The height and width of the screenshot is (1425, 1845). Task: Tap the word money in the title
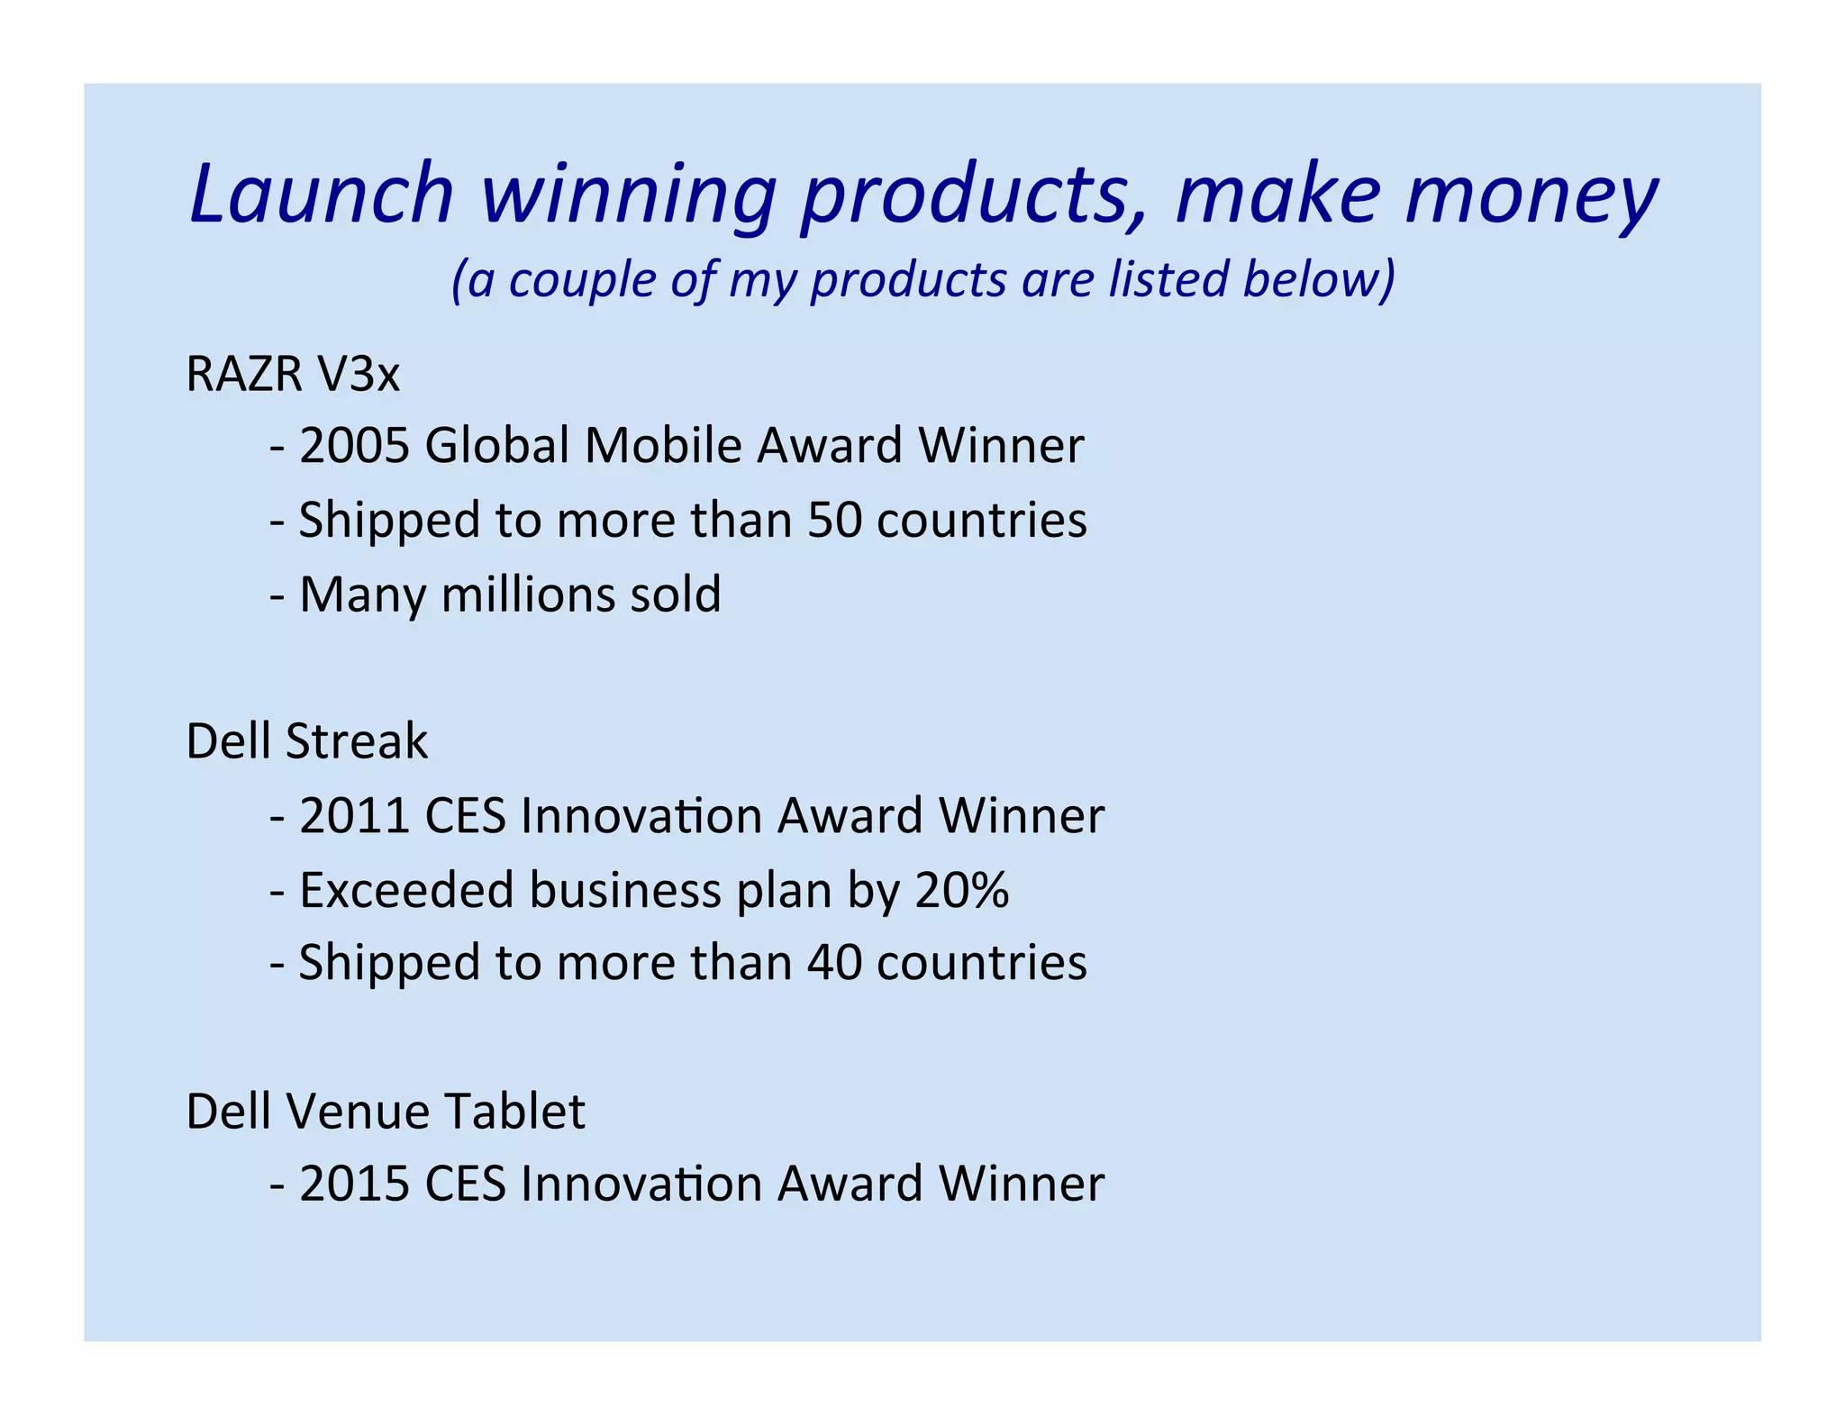[1531, 198]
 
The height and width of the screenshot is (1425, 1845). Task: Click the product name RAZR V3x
[292, 374]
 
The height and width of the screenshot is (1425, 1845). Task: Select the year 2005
[354, 446]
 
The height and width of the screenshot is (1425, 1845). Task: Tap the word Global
[496, 446]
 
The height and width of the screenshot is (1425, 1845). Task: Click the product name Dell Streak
[306, 741]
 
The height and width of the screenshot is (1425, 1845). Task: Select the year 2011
[354, 816]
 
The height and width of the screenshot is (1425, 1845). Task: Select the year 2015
[354, 1184]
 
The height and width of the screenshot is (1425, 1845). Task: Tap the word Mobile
[664, 446]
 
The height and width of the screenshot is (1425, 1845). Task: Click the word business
[624, 890]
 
